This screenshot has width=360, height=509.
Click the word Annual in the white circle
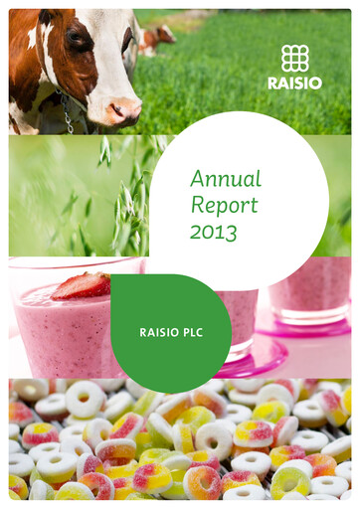click(x=226, y=179)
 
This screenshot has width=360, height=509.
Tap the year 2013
click(x=213, y=235)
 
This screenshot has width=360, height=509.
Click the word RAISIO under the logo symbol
click(x=294, y=84)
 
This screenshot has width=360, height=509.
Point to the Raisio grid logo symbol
click(x=294, y=59)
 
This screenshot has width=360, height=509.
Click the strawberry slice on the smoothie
click(x=82, y=285)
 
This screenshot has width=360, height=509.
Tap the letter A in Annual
click(x=197, y=179)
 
